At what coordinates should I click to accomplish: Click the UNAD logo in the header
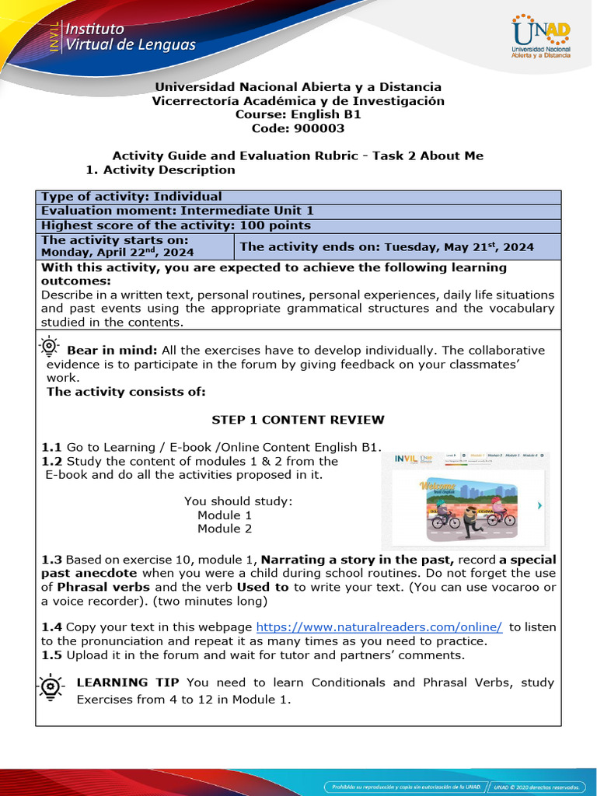(x=541, y=39)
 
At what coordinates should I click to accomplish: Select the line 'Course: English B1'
(x=298, y=114)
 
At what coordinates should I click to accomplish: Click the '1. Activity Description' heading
(x=160, y=169)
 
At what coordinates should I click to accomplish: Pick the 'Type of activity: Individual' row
(x=131, y=197)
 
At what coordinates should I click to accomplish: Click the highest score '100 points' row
(x=176, y=225)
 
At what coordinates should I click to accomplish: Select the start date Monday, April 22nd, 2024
(x=117, y=252)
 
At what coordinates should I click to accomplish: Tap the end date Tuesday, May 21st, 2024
(x=457, y=247)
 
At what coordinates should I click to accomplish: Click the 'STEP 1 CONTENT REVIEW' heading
(x=298, y=420)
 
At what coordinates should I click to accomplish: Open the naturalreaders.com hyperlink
(x=379, y=627)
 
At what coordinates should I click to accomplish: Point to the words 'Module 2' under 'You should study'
(x=225, y=529)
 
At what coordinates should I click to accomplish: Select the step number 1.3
(x=51, y=560)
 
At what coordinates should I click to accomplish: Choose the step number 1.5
(x=51, y=655)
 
